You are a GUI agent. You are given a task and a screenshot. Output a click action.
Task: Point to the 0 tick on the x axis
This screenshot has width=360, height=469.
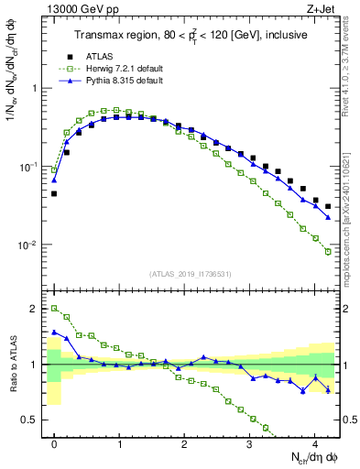coord(54,444)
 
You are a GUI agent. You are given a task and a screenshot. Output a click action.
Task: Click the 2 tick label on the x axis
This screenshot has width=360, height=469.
coord(184,444)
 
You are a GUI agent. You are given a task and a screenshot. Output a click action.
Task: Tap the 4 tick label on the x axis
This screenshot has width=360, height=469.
coord(314,444)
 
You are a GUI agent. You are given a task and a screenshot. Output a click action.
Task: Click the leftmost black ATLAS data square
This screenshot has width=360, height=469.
coord(54,194)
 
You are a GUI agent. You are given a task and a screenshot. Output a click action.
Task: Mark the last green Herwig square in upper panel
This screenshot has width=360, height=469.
coord(327,252)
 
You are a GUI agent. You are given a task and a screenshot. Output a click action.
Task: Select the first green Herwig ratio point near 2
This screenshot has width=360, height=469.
coord(54,309)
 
